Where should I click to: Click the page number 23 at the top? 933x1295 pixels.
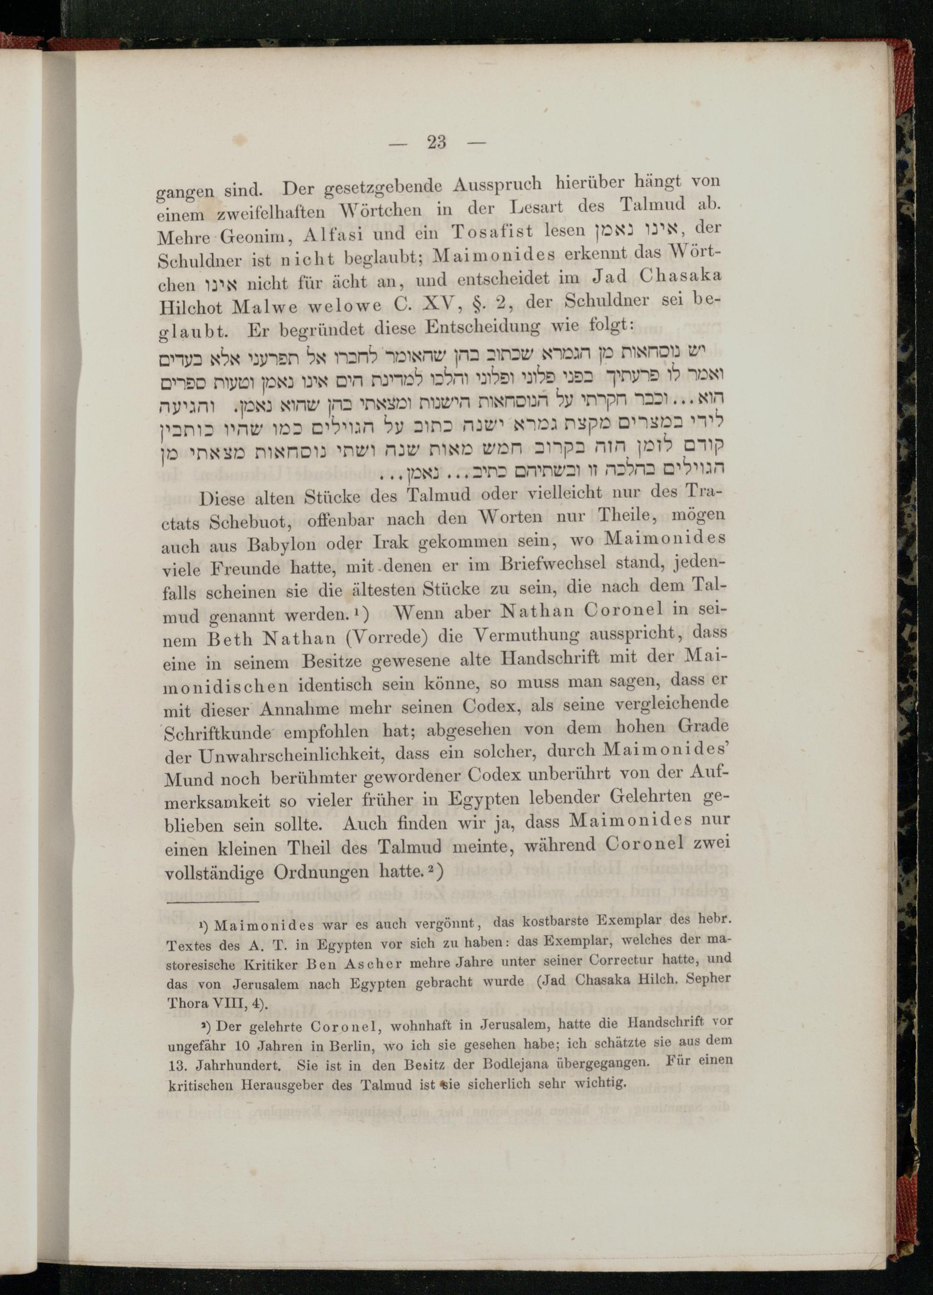(437, 142)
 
